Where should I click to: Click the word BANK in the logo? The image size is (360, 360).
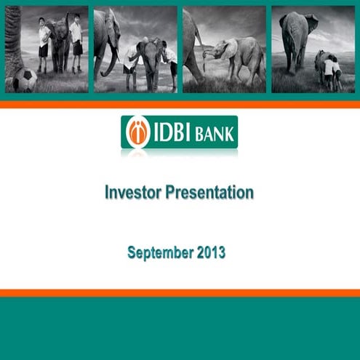[215, 133]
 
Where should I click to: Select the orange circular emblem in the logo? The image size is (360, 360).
[137, 132]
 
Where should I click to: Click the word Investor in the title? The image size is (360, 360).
[136, 193]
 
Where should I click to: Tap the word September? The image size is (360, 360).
[158, 252]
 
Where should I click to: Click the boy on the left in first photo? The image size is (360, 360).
[44, 44]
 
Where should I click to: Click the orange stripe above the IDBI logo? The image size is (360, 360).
[180, 105]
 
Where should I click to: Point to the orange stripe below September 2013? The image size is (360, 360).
[180, 292]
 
